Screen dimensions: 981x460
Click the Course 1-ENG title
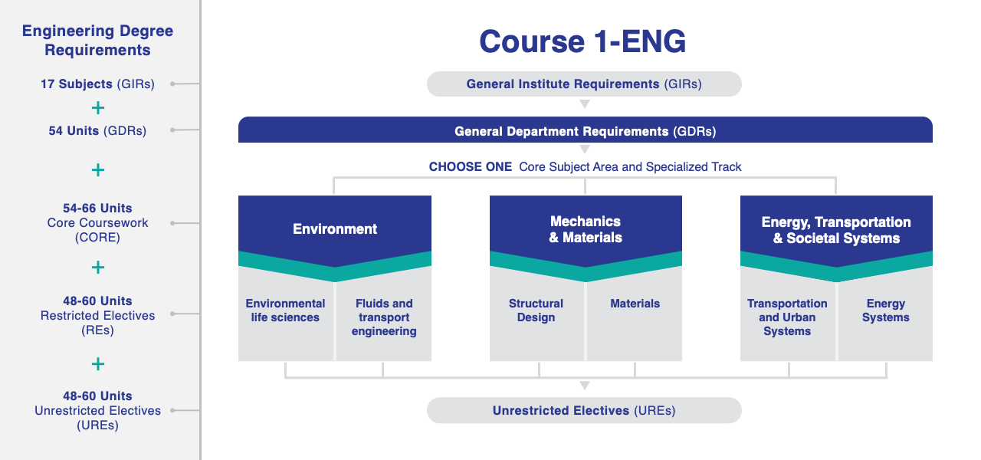pyautogui.click(x=582, y=41)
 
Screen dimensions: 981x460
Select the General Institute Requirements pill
pyautogui.click(x=584, y=84)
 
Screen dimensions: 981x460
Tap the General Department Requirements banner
pyautogui.click(x=585, y=130)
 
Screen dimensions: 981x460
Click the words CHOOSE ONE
pyautogui.click(x=471, y=167)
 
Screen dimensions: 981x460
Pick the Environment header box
pyautogui.click(x=335, y=228)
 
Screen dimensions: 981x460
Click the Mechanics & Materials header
pyautogui.click(x=586, y=228)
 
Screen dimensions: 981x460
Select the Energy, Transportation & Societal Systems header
pyautogui.click(x=836, y=229)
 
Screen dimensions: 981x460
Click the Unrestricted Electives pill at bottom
pyautogui.click(x=584, y=410)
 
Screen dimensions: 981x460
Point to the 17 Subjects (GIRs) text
pyautogui.click(x=97, y=84)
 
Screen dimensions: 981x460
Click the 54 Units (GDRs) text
pyautogui.click(x=97, y=130)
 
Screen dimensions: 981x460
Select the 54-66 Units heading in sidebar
pyautogui.click(x=97, y=208)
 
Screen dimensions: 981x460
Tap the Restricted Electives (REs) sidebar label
pyautogui.click(x=97, y=323)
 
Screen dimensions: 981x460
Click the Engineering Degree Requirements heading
pyautogui.click(x=97, y=41)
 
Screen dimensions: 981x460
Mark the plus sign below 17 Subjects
pyautogui.click(x=98, y=108)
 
